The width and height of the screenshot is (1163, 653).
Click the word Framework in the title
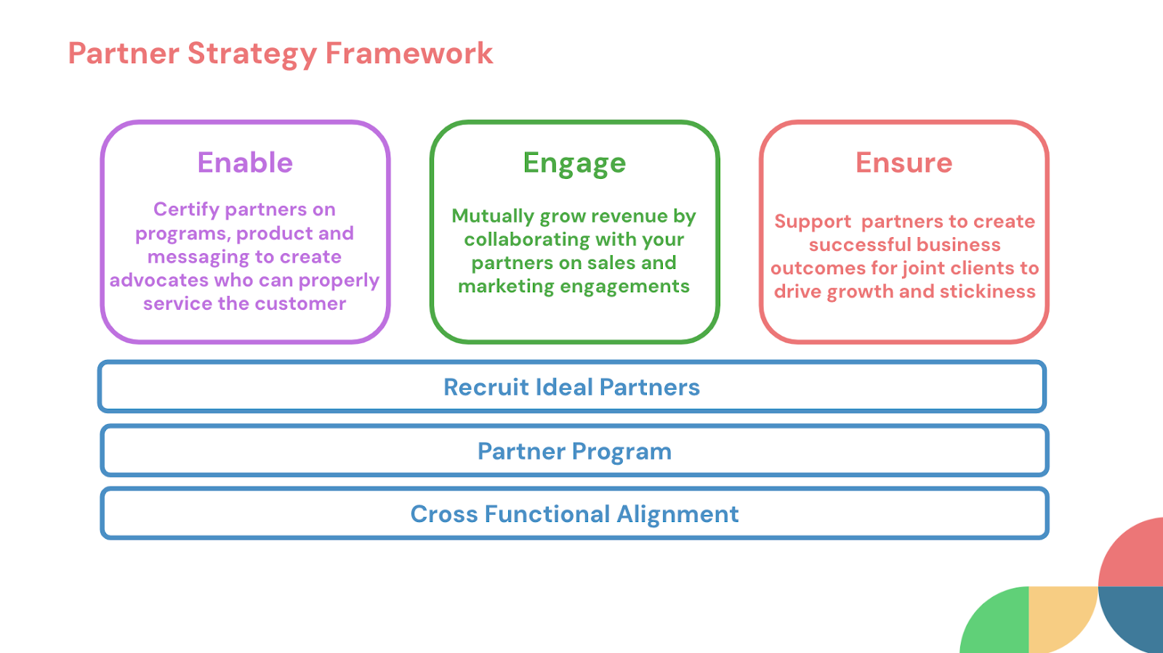click(409, 53)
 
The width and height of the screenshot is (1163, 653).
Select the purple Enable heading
click(245, 163)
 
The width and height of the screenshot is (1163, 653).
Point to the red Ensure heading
click(904, 163)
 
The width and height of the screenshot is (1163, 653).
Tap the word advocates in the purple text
click(159, 280)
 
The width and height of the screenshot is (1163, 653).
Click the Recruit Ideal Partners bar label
click(571, 387)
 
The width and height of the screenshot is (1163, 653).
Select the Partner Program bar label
click(574, 452)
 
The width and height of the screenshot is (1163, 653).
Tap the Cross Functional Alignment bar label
click(574, 514)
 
